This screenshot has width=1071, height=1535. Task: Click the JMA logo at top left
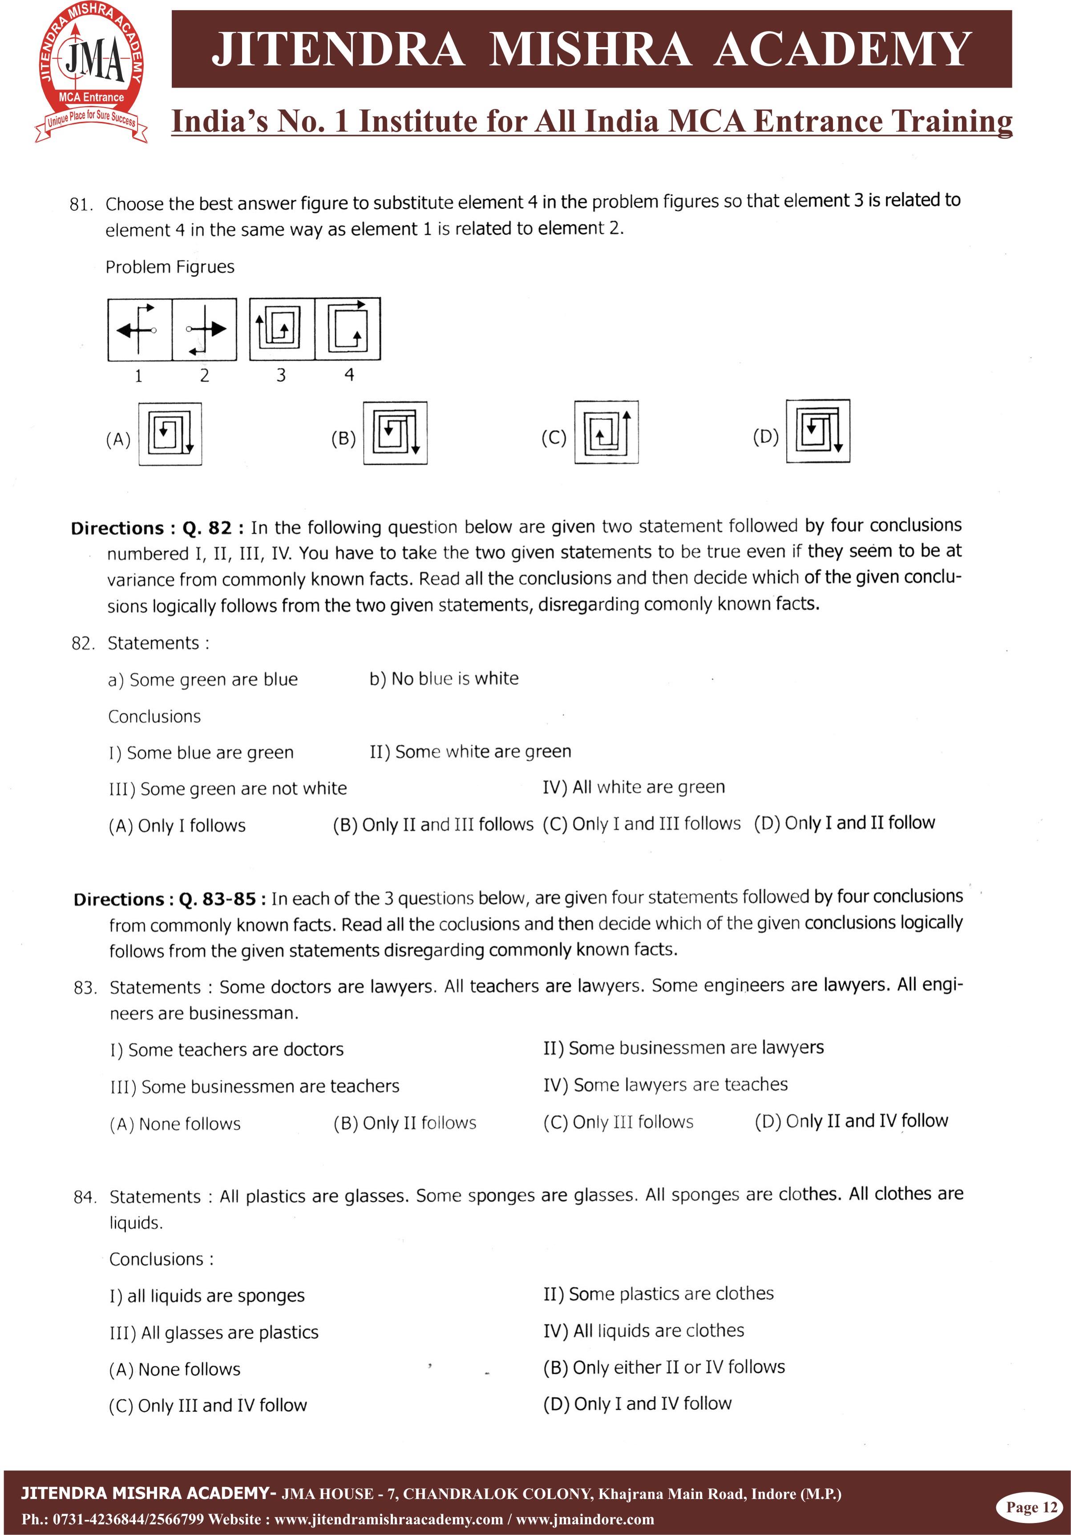pos(92,72)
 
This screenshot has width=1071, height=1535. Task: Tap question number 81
pos(81,205)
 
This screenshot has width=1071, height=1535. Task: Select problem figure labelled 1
pos(140,330)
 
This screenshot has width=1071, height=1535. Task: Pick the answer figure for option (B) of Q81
pos(396,433)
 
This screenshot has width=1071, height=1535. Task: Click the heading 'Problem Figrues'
pos(170,267)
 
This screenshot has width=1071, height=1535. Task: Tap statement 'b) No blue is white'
pos(444,679)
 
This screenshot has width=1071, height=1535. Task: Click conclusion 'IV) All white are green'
pos(634,787)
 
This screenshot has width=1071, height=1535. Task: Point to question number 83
pos(85,988)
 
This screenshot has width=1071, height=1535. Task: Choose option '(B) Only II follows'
pos(405,1123)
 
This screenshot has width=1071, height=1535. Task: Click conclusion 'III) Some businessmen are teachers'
pos(255,1086)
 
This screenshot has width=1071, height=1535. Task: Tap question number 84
pos(85,1197)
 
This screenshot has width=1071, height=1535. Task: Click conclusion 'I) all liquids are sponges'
pos(207,1296)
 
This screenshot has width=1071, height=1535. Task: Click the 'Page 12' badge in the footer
pos(1031,1507)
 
